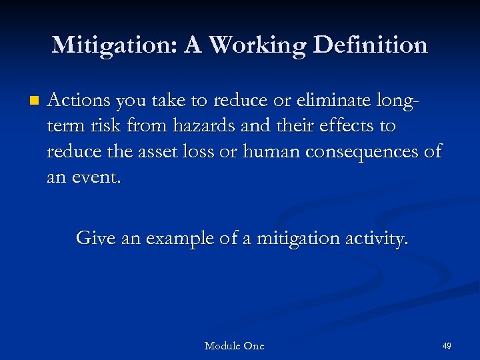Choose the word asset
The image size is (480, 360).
click(x=160, y=152)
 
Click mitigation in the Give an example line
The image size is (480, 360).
click(x=294, y=238)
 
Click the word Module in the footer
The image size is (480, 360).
click(x=223, y=346)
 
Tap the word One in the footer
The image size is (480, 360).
click(x=254, y=346)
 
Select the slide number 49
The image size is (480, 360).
click(x=447, y=346)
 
